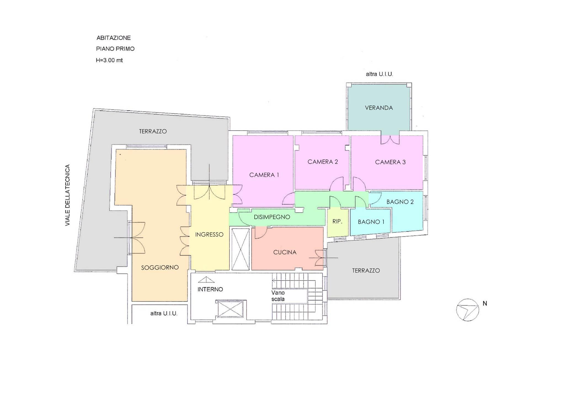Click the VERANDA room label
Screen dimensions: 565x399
pos(379,108)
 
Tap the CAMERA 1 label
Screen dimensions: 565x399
pos(264,175)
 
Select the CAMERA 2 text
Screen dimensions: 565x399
pos(323,162)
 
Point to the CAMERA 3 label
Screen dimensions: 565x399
pos(390,162)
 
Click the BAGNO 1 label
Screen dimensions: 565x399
pos(371,222)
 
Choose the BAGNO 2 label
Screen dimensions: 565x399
pos(400,202)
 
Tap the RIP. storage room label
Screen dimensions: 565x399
pos(337,221)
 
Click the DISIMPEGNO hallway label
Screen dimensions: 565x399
pos(272,217)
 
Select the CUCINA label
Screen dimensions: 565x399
pos(285,252)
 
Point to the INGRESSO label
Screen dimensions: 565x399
pos(209,234)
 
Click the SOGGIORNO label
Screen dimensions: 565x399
pos(160,267)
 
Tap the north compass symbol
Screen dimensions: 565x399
pos(468,310)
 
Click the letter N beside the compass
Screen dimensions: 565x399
pos(485,303)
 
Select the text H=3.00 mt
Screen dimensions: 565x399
pos(109,60)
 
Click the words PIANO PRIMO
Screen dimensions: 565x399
pos(115,49)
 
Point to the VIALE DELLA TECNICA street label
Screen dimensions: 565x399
pos(68,195)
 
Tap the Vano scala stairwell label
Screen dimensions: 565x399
pos(278,296)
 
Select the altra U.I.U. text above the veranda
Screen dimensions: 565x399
pos(379,74)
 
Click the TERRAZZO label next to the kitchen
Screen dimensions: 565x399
pos(366,271)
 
